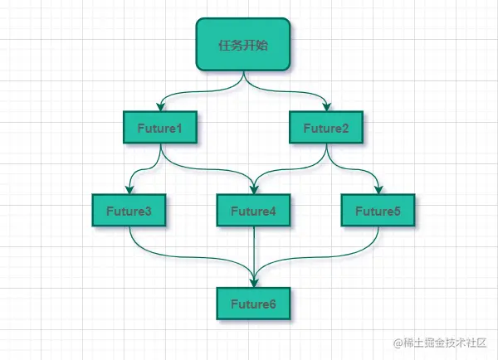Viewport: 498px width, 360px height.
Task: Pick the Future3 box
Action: pyautogui.click(x=129, y=212)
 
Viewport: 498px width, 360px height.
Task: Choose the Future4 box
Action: pyautogui.click(x=253, y=212)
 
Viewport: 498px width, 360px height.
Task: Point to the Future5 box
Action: pyautogui.click(x=378, y=212)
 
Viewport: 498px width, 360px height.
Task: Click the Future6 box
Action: pyautogui.click(x=253, y=304)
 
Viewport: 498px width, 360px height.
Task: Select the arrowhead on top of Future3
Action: pyautogui.click(x=129, y=191)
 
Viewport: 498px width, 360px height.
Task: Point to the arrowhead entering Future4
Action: pyautogui.click(x=253, y=191)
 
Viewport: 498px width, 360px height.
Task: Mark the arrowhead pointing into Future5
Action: pyautogui.click(x=378, y=191)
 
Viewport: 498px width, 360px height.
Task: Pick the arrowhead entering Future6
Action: pyautogui.click(x=253, y=283)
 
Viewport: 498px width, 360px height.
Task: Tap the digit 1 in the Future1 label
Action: pyautogui.click(x=179, y=128)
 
